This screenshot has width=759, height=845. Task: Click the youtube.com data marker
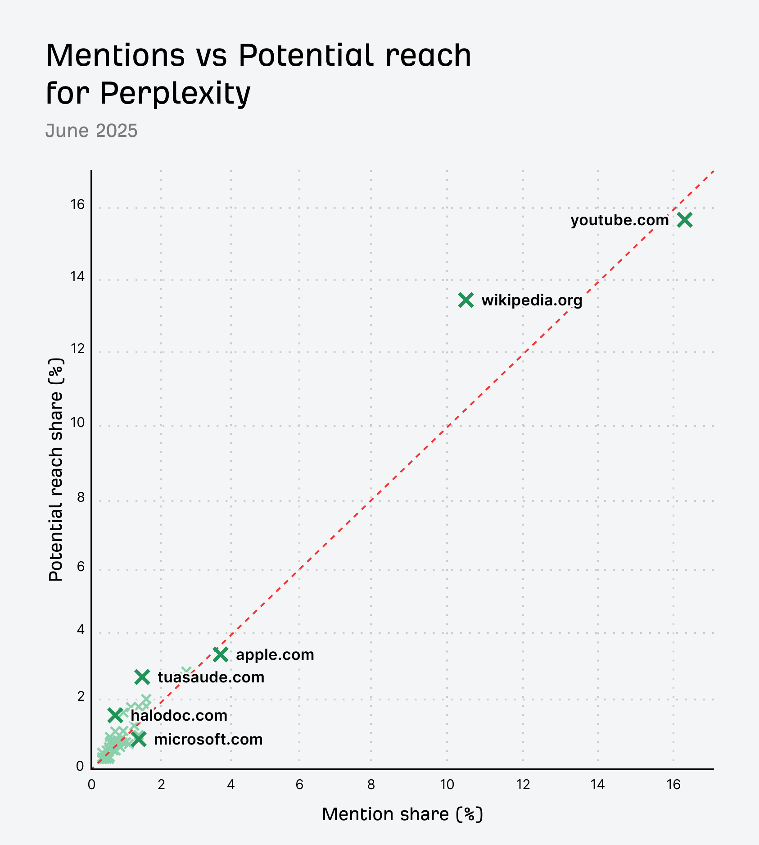tap(685, 220)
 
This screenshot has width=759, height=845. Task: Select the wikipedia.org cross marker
tap(466, 300)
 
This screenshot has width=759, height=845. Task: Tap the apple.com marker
tap(221, 654)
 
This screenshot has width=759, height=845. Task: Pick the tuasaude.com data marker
tap(142, 677)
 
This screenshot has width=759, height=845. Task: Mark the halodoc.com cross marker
tap(115, 715)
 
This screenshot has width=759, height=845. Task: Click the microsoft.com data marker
tap(139, 739)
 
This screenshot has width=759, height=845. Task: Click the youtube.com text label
tap(619, 220)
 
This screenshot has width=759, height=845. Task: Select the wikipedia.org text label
tap(532, 300)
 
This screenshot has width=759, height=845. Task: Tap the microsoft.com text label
tap(208, 739)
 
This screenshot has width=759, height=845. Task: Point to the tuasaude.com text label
tap(211, 677)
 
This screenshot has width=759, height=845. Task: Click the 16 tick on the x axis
tap(673, 785)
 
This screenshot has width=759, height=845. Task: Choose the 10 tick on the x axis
tap(447, 785)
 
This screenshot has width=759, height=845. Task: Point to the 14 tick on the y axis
tap(77, 277)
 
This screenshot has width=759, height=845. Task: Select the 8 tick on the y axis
tap(81, 497)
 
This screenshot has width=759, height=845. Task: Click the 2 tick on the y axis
tap(81, 697)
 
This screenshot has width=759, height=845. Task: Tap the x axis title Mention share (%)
tap(402, 814)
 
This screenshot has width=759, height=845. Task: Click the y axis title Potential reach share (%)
tap(56, 469)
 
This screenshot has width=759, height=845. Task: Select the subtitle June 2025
tap(91, 131)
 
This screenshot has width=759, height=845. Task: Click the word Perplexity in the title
tap(175, 93)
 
